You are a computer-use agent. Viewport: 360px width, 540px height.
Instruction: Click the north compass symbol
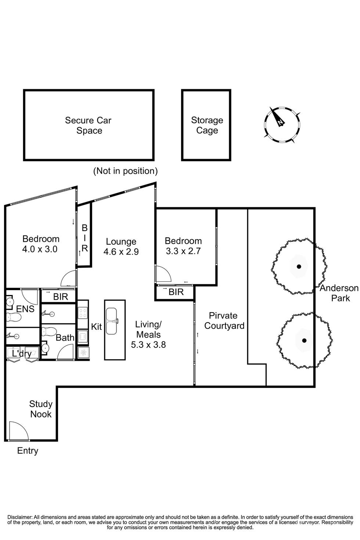[282, 125]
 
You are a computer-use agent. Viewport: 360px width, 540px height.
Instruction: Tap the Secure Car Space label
[89, 125]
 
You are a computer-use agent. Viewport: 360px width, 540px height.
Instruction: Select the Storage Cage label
[207, 125]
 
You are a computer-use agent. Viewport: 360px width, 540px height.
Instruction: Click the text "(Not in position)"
[125, 171]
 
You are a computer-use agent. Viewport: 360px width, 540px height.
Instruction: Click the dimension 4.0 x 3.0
[40, 249]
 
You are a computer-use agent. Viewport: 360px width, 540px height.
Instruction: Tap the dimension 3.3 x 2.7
[183, 251]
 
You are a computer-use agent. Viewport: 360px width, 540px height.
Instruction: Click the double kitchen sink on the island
[111, 321]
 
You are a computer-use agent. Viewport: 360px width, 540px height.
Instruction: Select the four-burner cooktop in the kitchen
[83, 313]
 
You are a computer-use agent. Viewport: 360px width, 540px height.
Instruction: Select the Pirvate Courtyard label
[224, 321]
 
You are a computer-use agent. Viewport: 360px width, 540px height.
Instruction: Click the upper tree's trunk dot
[299, 267]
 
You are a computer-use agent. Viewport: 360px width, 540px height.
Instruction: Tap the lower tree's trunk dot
[304, 341]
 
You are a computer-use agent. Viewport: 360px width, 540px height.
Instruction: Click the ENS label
[25, 309]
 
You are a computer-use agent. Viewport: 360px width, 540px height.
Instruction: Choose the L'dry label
[22, 354]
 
